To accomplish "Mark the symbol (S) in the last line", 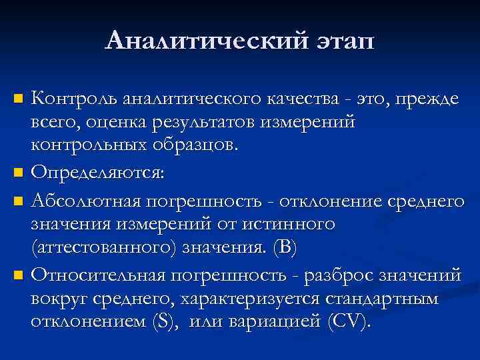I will (162, 321).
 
